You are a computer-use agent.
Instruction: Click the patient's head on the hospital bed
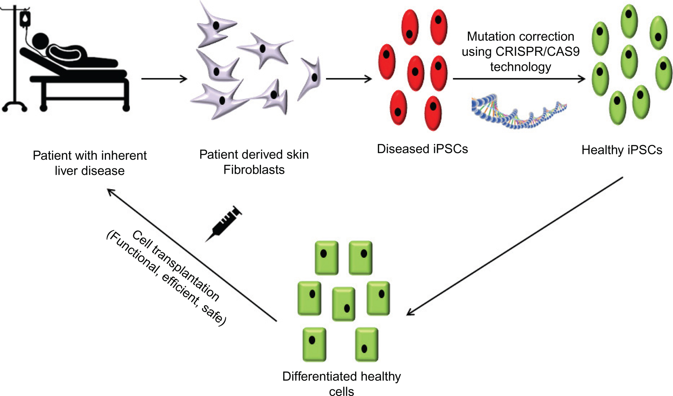(x=41, y=41)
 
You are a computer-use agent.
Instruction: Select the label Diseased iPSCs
(x=422, y=149)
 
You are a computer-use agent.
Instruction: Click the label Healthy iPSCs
(x=621, y=150)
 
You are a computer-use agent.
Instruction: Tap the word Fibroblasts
(x=254, y=169)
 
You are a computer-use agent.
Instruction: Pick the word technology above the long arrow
(x=520, y=67)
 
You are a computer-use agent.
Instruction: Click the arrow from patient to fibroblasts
(x=164, y=79)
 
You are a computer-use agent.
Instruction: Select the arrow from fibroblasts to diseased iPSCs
(x=348, y=79)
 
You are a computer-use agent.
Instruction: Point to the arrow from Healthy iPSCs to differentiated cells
(x=515, y=246)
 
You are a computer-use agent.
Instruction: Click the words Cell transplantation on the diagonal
(x=176, y=265)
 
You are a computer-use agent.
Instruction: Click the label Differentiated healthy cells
(x=341, y=383)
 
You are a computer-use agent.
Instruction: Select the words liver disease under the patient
(x=90, y=171)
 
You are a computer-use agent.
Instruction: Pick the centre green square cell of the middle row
(x=343, y=304)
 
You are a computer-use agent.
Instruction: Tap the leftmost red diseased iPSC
(x=387, y=62)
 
